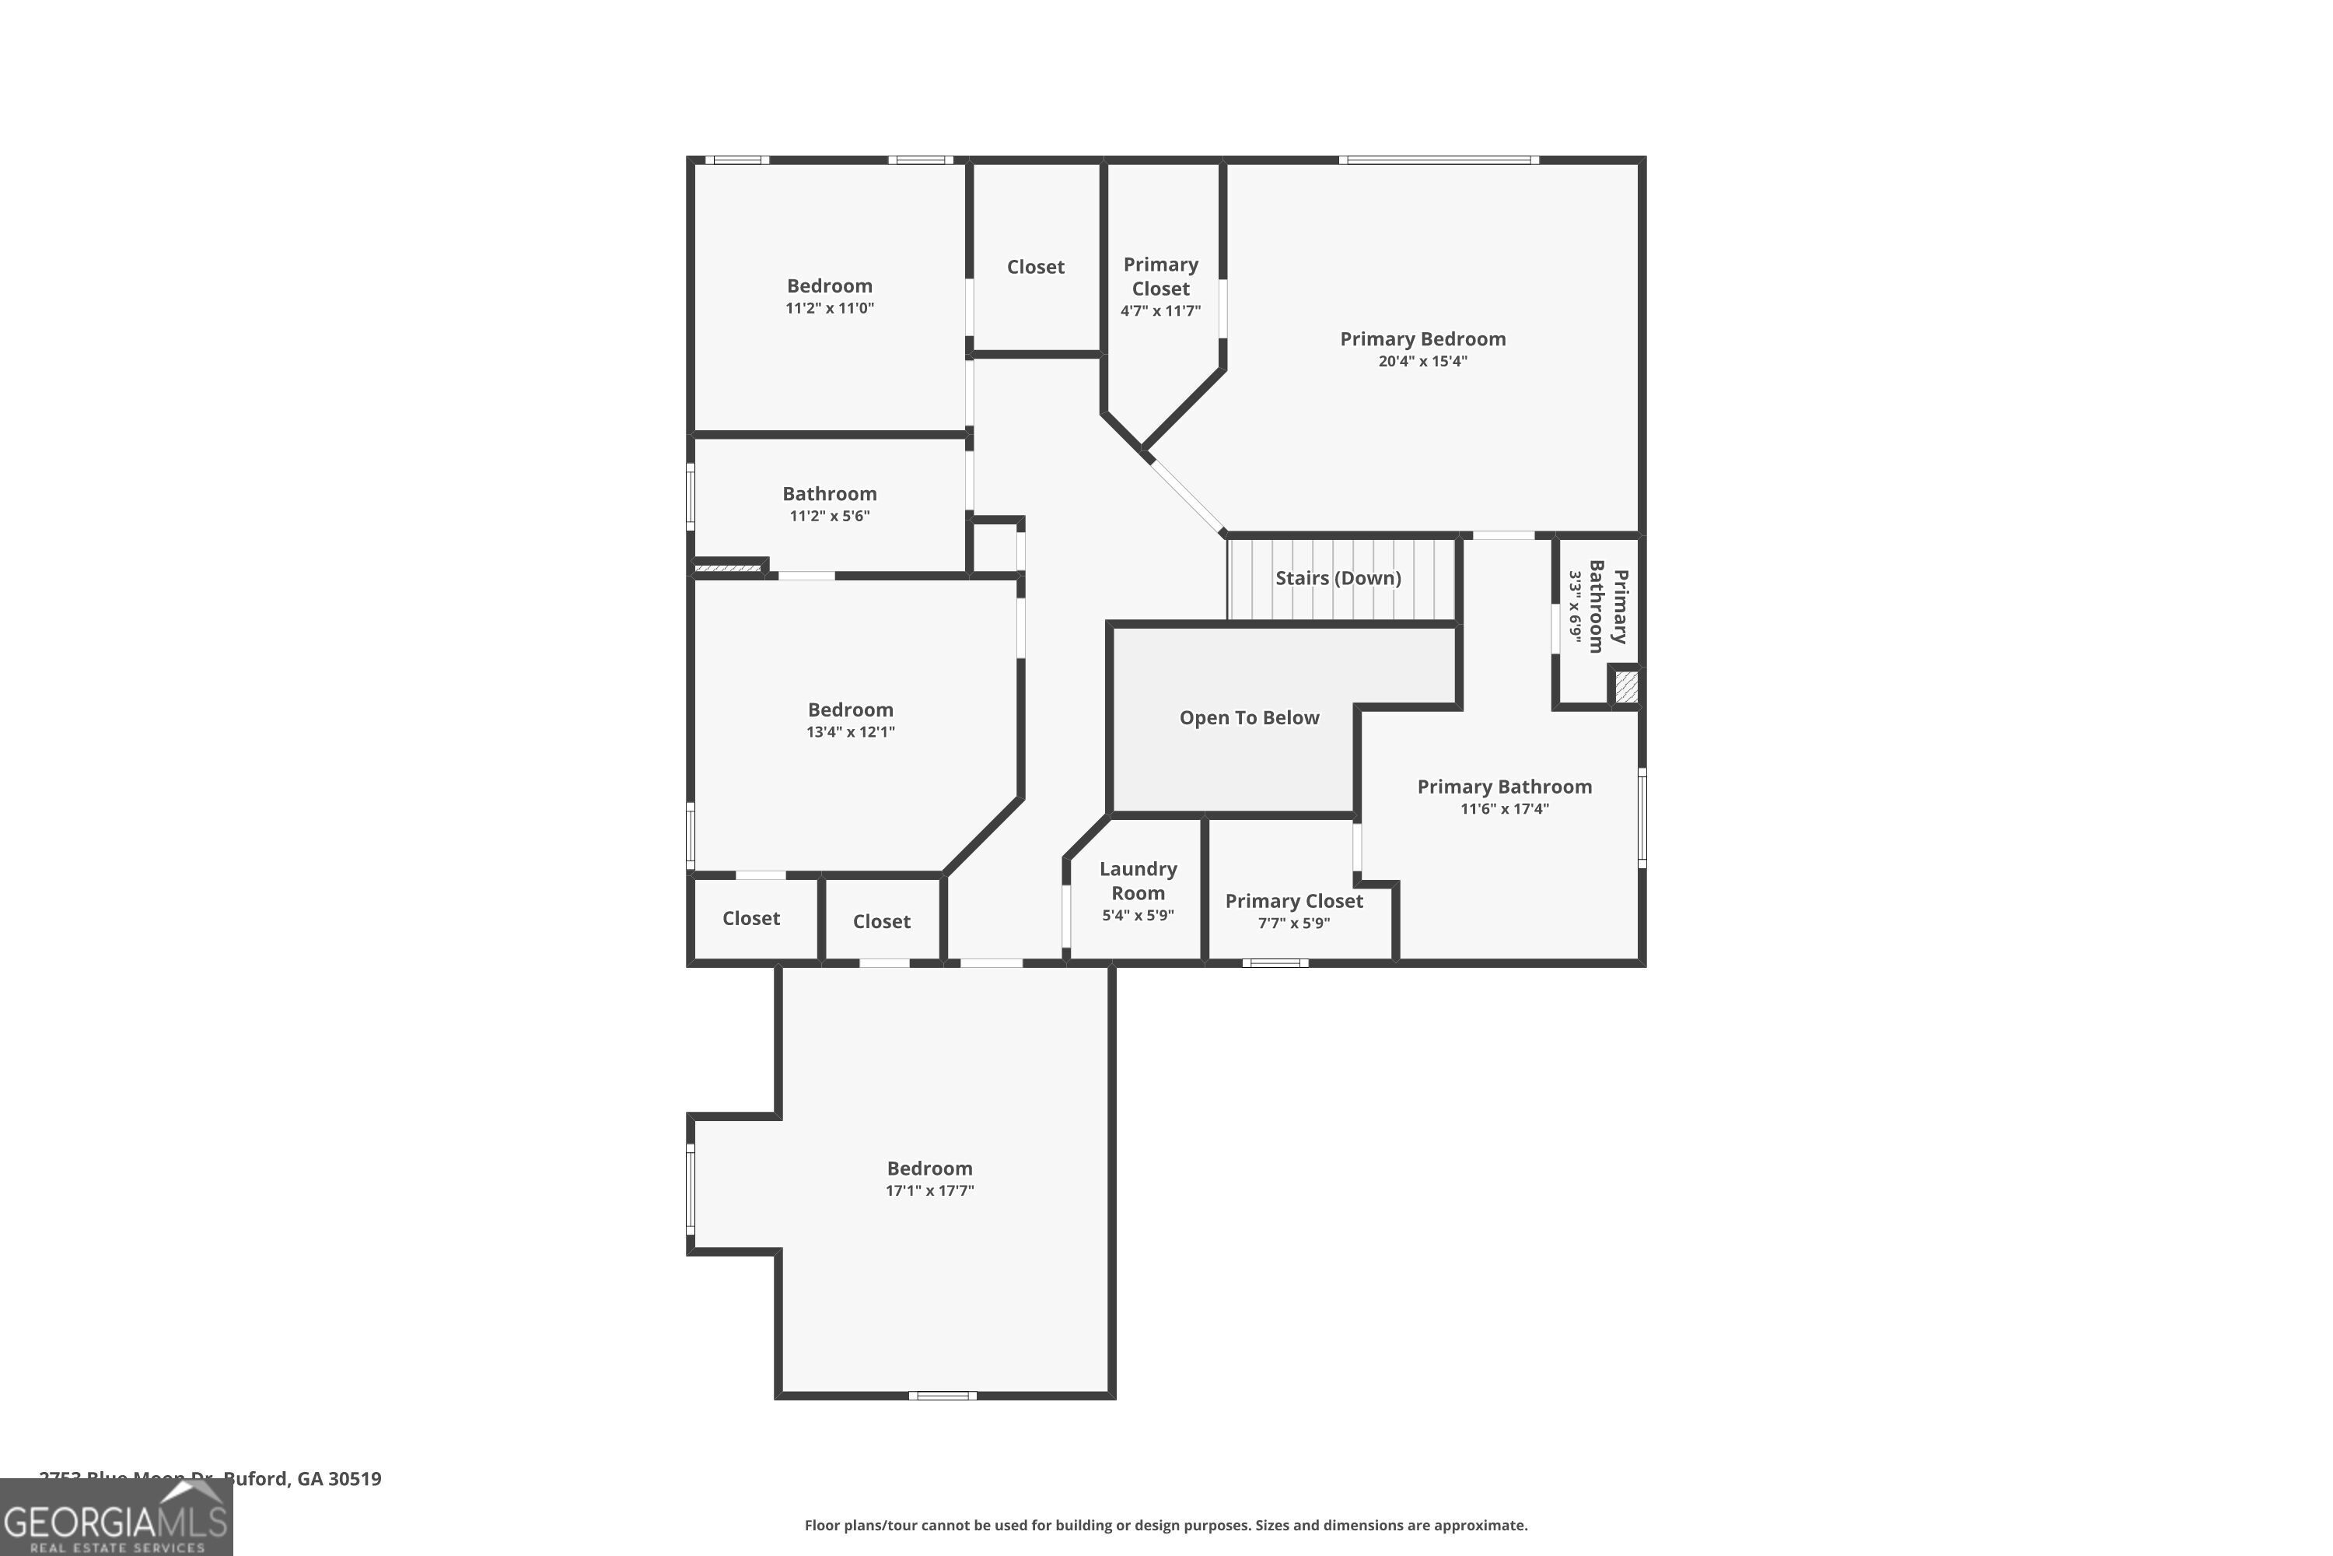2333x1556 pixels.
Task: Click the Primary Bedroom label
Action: point(1422,339)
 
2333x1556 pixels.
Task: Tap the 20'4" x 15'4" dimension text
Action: point(1422,361)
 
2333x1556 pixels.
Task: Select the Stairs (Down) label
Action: point(1338,577)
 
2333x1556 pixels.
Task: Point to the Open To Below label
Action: point(1249,717)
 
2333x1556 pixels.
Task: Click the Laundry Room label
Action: point(1138,880)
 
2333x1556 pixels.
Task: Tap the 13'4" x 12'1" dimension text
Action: point(850,732)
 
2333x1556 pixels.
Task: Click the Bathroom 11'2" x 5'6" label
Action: point(829,494)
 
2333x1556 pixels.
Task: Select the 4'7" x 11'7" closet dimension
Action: point(1160,310)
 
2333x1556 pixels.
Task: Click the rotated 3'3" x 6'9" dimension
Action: point(1576,605)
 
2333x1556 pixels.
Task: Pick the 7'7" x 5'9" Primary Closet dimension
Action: point(1293,923)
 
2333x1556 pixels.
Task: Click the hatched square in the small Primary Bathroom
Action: point(1626,688)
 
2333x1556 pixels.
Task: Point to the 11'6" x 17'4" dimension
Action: point(1504,809)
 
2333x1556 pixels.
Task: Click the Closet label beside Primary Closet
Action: point(1036,267)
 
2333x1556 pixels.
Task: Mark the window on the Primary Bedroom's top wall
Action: point(1438,159)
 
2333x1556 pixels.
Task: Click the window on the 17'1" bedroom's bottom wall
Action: point(943,1395)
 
